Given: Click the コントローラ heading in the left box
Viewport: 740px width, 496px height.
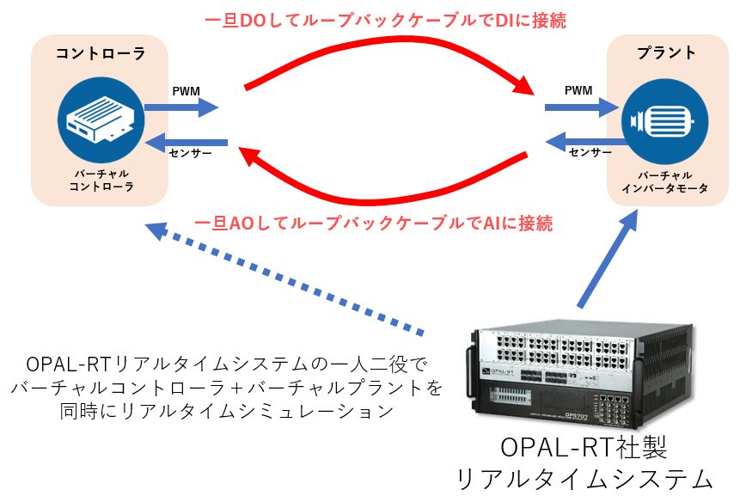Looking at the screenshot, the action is pyautogui.click(x=101, y=53).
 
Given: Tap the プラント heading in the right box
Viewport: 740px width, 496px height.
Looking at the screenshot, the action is pyautogui.click(x=666, y=52).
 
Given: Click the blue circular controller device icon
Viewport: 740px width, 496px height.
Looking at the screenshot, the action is pyautogui.click(x=101, y=119).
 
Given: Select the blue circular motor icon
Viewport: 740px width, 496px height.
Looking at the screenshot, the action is pyautogui.click(x=665, y=121).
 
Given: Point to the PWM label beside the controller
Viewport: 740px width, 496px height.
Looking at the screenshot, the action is pyautogui.click(x=186, y=91).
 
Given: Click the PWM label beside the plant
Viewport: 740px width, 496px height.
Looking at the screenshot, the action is pyautogui.click(x=578, y=90).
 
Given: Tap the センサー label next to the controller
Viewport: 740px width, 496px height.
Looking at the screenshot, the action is pyautogui.click(x=191, y=153).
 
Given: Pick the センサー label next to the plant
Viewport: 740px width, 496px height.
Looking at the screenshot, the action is pyautogui.click(x=590, y=152).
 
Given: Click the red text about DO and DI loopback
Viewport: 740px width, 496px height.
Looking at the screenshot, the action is pyautogui.click(x=385, y=21).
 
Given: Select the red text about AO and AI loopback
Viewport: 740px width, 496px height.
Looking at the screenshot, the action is pyautogui.click(x=373, y=223).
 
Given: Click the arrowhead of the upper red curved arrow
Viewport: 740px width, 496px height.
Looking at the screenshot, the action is pyautogui.click(x=525, y=85).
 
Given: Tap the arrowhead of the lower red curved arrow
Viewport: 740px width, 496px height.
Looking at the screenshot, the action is pyautogui.click(x=247, y=156).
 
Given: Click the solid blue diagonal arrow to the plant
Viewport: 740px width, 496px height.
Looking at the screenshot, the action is pyautogui.click(x=608, y=258).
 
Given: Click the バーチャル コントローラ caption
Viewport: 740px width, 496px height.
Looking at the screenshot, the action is pyautogui.click(x=101, y=181).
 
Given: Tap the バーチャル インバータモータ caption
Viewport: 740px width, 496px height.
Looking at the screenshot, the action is pyautogui.click(x=664, y=182).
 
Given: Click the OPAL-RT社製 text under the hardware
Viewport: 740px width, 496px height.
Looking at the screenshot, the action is pyautogui.click(x=584, y=446).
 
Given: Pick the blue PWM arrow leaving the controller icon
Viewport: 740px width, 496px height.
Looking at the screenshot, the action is pyautogui.click(x=181, y=107).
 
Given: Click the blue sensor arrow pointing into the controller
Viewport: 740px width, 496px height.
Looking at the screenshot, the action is pyautogui.click(x=187, y=142).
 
